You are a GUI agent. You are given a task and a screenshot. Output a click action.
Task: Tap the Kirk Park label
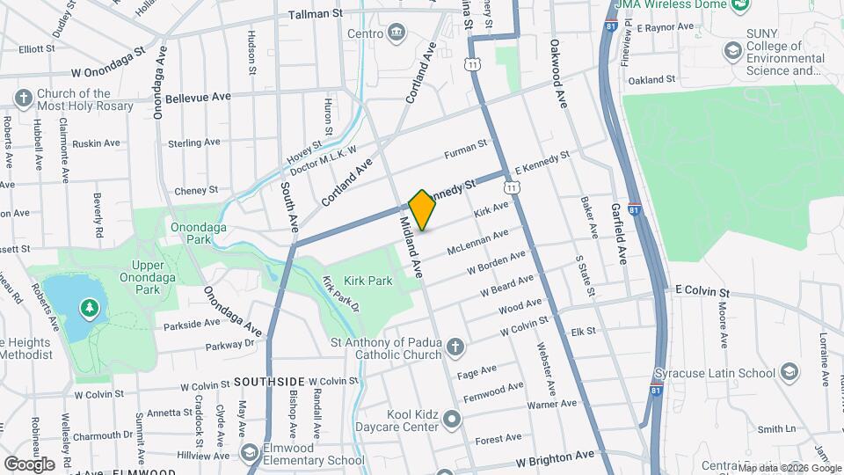tap(369, 281)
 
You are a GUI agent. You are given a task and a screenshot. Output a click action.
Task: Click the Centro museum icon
tap(397, 33)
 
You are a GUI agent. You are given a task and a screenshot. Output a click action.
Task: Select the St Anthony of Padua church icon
tap(455, 347)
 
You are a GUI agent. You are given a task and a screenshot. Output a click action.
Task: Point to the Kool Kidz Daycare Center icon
tap(453, 420)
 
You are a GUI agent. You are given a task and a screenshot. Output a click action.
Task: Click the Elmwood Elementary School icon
tap(251, 452)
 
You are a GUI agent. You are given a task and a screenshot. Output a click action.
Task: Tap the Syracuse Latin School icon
tap(788, 372)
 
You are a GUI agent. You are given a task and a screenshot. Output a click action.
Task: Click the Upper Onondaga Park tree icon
tap(88, 308)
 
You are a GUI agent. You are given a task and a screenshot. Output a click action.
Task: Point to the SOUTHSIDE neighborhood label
tap(269, 382)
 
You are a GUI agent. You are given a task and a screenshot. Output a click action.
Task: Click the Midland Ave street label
tap(411, 248)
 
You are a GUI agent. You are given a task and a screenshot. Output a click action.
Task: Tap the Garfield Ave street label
tap(620, 234)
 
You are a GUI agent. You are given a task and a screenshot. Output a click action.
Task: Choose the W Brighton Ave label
tap(556, 460)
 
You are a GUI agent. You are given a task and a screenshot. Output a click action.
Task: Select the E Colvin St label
tap(702, 291)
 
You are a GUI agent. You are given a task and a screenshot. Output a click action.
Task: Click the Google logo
tap(29, 464)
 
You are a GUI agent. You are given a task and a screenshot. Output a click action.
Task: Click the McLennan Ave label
tap(478, 242)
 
